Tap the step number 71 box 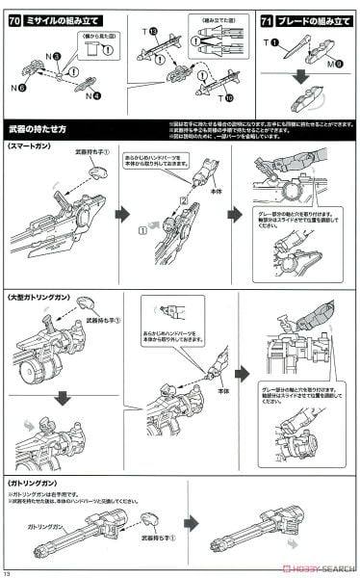[x=269, y=20]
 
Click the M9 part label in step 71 [x=332, y=64]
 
